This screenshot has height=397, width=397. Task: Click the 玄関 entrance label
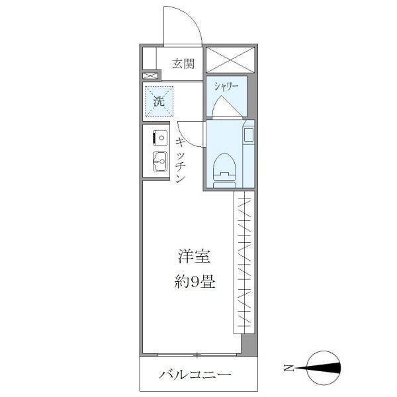(183, 64)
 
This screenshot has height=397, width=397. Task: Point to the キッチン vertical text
(180, 160)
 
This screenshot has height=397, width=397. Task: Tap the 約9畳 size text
(193, 281)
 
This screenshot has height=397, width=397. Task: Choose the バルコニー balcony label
(194, 375)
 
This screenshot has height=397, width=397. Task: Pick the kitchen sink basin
(159, 161)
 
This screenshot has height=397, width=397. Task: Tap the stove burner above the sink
(159, 138)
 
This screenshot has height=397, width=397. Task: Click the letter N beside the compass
(288, 368)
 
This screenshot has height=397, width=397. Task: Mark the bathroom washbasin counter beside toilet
(247, 152)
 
